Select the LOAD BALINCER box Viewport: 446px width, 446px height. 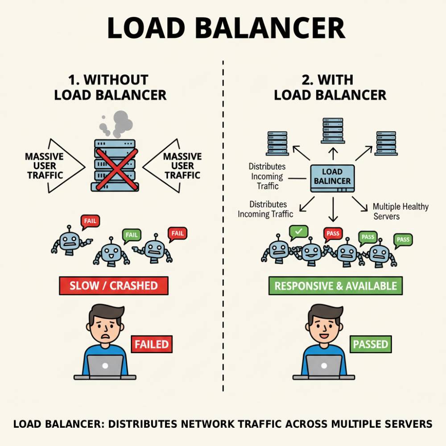coord(332,178)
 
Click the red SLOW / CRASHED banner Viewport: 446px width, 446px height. coord(114,285)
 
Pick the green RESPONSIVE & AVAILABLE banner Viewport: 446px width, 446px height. coord(335,286)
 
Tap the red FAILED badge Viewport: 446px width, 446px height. coord(152,344)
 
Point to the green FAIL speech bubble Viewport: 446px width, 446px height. coord(132,235)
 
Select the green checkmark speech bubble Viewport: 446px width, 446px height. coord(298,231)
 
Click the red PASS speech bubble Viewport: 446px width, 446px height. coord(333,233)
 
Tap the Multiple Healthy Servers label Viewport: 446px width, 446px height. coord(400,211)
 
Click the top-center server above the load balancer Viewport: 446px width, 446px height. coord(332,130)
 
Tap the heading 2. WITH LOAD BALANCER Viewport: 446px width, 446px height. coord(330,87)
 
